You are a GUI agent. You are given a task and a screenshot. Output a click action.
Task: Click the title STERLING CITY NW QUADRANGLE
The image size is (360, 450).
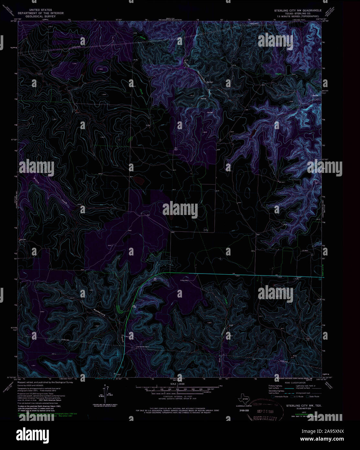[x=298, y=10]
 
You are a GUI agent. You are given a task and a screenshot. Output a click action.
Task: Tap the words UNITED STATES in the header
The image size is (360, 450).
[x=41, y=10]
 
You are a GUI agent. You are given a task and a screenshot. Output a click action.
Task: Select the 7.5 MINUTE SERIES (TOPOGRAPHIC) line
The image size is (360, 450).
[x=298, y=16]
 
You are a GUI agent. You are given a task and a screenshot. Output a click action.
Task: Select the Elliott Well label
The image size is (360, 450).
[x=184, y=281]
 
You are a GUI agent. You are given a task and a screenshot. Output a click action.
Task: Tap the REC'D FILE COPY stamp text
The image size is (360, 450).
[x=265, y=419]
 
